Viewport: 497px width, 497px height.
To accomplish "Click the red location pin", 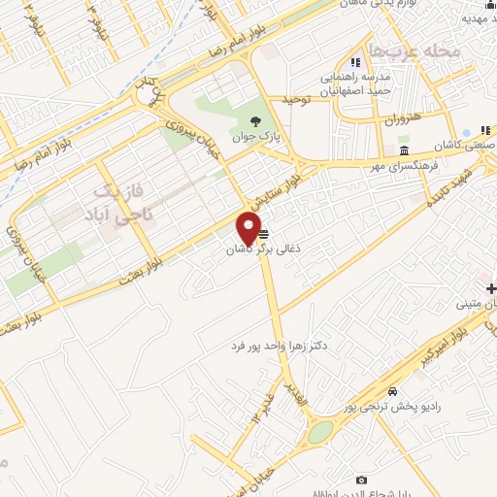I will (x=248, y=228).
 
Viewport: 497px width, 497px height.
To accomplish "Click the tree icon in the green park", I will (x=255, y=121).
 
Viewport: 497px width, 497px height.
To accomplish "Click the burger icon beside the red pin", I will (x=265, y=234).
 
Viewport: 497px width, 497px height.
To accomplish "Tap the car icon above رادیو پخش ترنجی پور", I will (x=392, y=390).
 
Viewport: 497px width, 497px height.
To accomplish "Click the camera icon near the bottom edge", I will (x=362, y=480).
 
